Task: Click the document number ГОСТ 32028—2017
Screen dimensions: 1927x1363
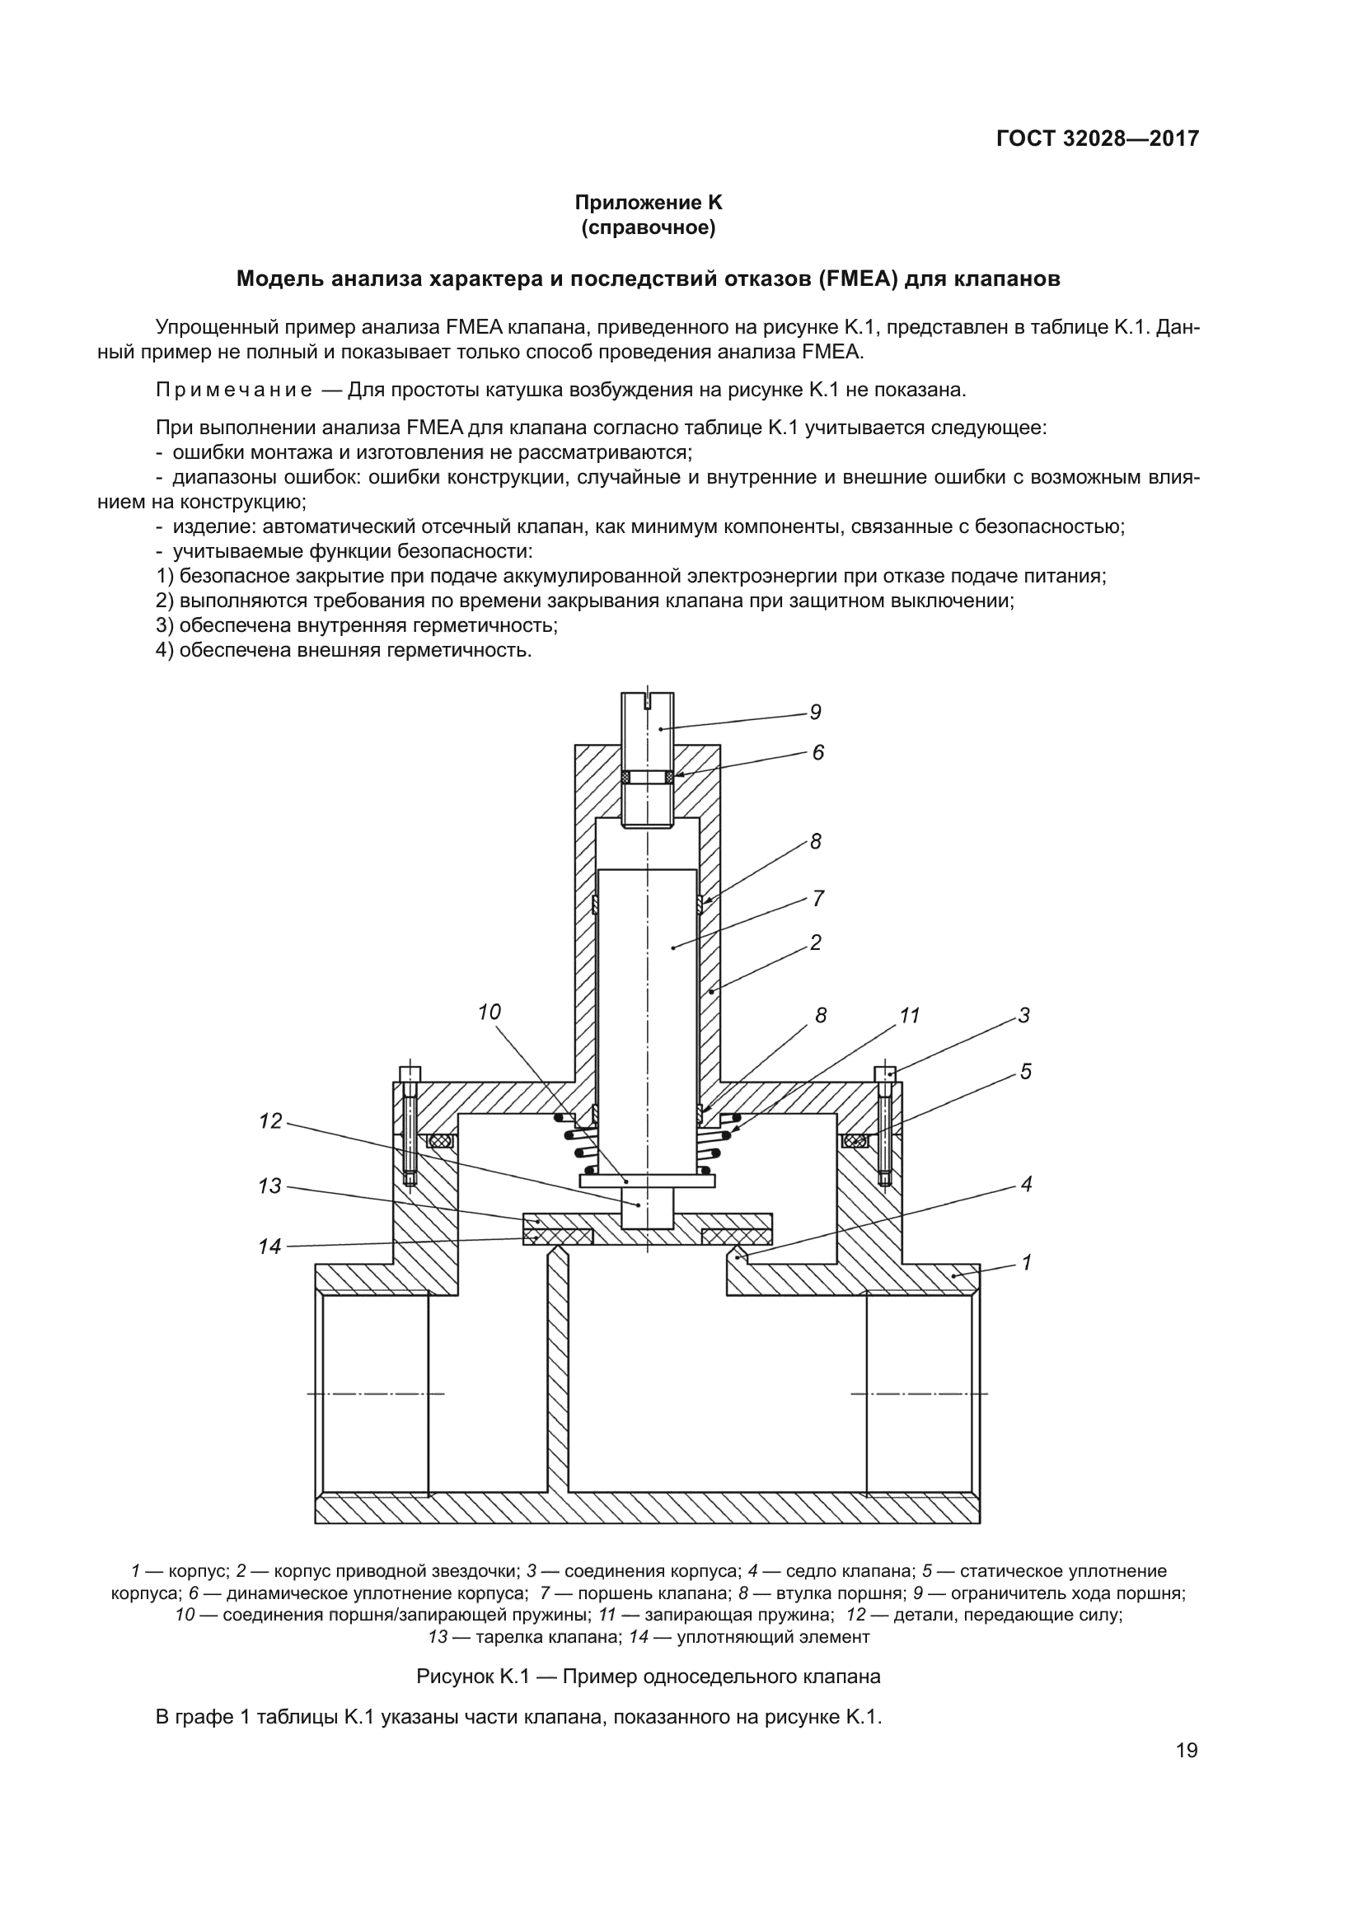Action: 1097,138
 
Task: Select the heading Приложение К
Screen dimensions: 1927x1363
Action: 648,203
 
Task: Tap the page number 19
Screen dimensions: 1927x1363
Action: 1187,1750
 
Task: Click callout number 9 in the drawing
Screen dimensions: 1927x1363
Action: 815,713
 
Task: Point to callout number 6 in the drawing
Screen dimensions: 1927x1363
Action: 817,753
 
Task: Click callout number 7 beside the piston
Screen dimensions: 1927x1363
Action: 818,899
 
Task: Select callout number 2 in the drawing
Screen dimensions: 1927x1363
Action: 815,942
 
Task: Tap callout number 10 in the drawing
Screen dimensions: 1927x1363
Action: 489,1013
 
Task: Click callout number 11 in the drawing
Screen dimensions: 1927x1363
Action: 910,1016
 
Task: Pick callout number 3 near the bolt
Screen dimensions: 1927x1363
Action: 1024,1016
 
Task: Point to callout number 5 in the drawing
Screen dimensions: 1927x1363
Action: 1026,1072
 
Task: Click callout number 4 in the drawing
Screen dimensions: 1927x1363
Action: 1026,1184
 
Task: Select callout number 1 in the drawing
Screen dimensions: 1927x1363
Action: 1026,1262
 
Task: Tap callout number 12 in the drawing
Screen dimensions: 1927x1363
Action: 270,1121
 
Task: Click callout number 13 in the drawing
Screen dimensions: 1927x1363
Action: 270,1186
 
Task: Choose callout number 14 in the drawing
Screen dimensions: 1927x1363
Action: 270,1246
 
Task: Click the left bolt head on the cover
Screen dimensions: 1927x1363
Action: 409,1073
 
